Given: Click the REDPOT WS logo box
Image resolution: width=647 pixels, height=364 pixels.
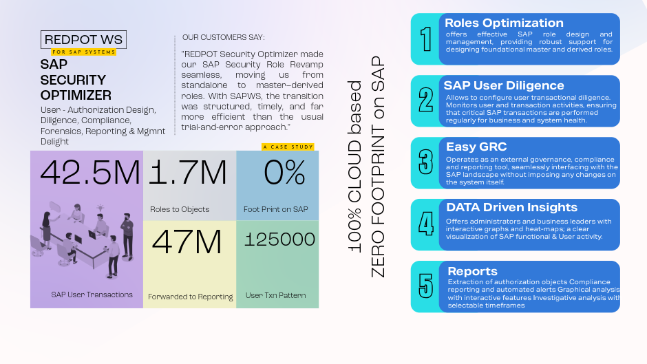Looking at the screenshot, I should pyautogui.click(x=84, y=40).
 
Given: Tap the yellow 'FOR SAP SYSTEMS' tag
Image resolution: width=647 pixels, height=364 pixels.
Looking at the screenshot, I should pyautogui.click(x=83, y=52).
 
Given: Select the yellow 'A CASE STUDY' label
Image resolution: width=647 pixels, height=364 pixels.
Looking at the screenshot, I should pyautogui.click(x=288, y=147).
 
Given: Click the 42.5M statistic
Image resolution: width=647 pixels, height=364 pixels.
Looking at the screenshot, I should pyautogui.click(x=90, y=173).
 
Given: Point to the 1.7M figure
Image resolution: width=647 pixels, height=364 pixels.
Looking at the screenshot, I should pyautogui.click(x=188, y=173).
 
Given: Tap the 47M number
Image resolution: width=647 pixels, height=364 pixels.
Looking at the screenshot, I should pyautogui.click(x=187, y=242).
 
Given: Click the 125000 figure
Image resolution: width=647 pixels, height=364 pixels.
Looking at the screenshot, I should pyautogui.click(x=280, y=239).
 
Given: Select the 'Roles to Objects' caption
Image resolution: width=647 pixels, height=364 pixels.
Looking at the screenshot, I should pyautogui.click(x=180, y=209).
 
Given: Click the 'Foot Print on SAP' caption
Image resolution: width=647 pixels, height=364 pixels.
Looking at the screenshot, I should pyautogui.click(x=276, y=209).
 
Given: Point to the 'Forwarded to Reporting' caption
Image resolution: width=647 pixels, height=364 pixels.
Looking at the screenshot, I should pyautogui.click(x=191, y=297).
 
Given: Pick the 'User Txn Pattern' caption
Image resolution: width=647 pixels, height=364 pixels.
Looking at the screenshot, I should pyautogui.click(x=276, y=296).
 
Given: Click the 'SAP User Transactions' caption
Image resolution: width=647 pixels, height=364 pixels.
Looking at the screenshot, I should pyautogui.click(x=92, y=295).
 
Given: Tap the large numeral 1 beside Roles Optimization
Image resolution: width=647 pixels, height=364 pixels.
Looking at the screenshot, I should pyautogui.click(x=426, y=39).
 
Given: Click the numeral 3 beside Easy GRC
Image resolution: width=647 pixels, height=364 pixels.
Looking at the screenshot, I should pyautogui.click(x=426, y=162).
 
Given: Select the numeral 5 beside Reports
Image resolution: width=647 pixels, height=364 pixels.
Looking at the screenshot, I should pyautogui.click(x=426, y=286).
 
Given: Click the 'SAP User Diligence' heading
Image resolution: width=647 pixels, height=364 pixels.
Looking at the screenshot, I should pyautogui.click(x=504, y=86).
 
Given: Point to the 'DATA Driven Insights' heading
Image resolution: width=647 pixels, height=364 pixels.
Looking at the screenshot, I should pyautogui.click(x=511, y=208).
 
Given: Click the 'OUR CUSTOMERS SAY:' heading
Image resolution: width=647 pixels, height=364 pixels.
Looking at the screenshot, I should pyautogui.click(x=224, y=38).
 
